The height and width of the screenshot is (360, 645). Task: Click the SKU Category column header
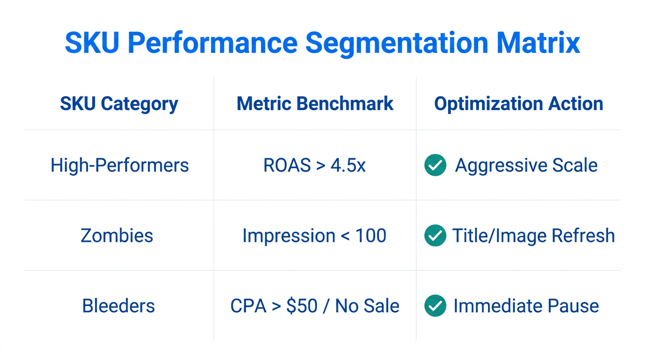119,104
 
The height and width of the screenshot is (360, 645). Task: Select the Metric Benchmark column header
315,104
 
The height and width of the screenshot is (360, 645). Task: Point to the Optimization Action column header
518,104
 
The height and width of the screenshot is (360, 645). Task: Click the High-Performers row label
120,165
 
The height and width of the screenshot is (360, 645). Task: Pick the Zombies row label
117,235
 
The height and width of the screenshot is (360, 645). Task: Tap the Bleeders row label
118,306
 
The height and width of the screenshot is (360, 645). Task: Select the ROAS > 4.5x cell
315,165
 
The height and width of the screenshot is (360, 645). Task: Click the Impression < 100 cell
314,235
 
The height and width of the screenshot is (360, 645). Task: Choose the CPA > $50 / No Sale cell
315,306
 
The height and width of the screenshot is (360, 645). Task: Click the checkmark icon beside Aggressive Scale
435,165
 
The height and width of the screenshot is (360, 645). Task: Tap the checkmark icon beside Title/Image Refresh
435,235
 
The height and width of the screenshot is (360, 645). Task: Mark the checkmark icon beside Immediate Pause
435,306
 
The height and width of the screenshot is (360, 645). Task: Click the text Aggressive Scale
526,165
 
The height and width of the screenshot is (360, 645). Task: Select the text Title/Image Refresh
533,235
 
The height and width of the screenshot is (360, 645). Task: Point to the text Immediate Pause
526,306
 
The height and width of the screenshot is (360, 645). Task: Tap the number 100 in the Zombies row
370,235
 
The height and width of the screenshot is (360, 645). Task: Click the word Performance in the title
212,43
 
